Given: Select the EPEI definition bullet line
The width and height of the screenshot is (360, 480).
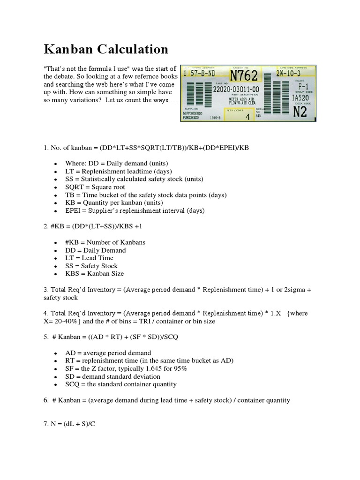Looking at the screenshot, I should tap(135, 211).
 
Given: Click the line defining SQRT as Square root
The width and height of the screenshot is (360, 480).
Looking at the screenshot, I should tap(101, 187).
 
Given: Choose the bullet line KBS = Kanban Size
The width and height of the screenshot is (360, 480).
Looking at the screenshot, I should tap(95, 273).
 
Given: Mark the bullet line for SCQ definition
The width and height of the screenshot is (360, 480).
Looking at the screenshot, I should tap(121, 384).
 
